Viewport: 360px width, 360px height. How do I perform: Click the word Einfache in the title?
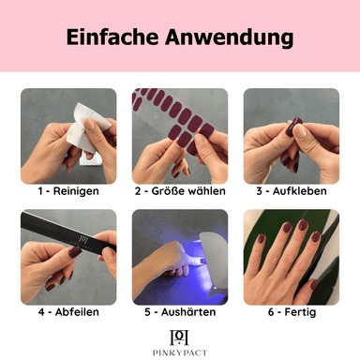(x=112, y=37)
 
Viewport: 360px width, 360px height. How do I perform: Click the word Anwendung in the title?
(x=230, y=37)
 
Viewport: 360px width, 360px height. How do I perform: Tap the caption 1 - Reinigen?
(x=68, y=191)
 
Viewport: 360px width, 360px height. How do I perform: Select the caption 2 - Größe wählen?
(x=180, y=191)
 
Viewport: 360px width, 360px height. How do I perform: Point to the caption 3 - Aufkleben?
(x=292, y=191)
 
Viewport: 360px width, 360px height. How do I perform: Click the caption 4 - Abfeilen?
(x=68, y=312)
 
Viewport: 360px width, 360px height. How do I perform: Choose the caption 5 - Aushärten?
(x=180, y=312)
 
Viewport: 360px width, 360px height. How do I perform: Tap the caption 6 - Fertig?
(x=292, y=312)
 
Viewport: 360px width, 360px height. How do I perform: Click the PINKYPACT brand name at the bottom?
(x=180, y=352)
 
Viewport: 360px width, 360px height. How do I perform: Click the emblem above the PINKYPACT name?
(x=179, y=337)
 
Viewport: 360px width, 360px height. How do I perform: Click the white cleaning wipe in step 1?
(x=86, y=131)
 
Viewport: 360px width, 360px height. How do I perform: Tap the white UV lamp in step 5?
(x=213, y=261)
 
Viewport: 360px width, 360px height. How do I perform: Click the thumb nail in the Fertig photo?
(x=314, y=285)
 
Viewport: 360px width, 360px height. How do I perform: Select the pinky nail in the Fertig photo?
(x=261, y=239)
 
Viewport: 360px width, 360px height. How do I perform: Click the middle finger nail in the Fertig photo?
(x=303, y=225)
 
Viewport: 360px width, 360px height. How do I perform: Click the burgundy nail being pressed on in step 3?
(x=293, y=127)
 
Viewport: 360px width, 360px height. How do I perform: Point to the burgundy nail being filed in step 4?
(x=75, y=252)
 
